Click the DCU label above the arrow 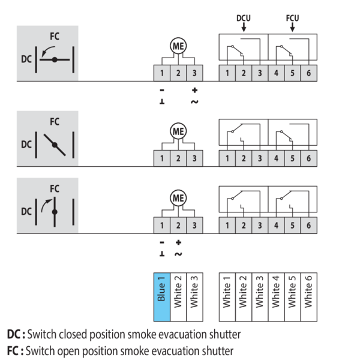coord(244,18)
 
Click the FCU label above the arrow coord(293,18)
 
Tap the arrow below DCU coord(244,28)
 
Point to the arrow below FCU coord(292,28)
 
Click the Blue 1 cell coord(162,297)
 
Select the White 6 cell coord(309,297)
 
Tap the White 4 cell coord(276,297)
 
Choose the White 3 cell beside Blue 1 coord(194,297)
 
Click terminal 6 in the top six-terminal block coord(309,73)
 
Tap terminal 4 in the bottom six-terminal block coord(276,225)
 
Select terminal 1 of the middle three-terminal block coord(162,158)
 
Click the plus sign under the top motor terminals coord(194,90)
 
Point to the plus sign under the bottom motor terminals coord(178,242)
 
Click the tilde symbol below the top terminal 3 coord(194,102)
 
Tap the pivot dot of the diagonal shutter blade coord(55,145)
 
